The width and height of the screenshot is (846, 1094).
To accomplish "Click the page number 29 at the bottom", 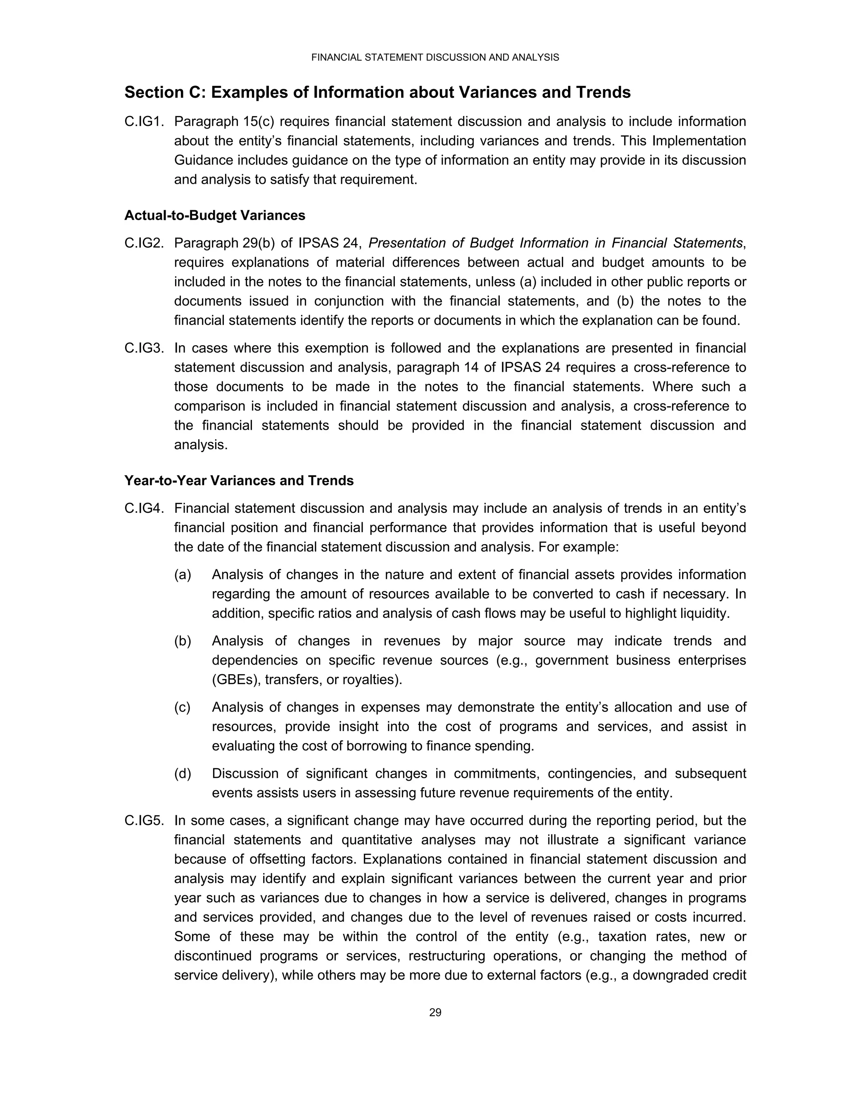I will coord(435,1012).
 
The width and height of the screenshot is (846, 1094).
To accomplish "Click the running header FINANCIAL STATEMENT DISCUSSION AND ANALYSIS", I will coord(435,58).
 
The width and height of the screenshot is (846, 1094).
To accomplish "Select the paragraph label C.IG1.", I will coord(144,122).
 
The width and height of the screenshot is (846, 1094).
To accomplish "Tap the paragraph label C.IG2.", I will coord(144,244).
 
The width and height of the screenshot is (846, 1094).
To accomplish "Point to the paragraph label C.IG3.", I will coord(144,348).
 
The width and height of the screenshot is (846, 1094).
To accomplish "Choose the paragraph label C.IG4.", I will coord(144,509).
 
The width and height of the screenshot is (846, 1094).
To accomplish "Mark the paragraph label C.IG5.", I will coord(144,821).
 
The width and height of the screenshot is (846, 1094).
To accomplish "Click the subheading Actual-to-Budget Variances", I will coord(214,215).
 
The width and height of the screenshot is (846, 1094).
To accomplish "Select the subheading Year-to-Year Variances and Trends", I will coord(239,481).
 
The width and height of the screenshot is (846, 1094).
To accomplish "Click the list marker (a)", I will coord(183,575).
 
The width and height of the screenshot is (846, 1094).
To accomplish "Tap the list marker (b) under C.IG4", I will coord(183,641).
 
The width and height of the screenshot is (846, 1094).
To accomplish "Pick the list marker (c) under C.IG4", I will coord(183,707).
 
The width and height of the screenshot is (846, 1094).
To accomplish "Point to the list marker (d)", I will coord(183,774).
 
